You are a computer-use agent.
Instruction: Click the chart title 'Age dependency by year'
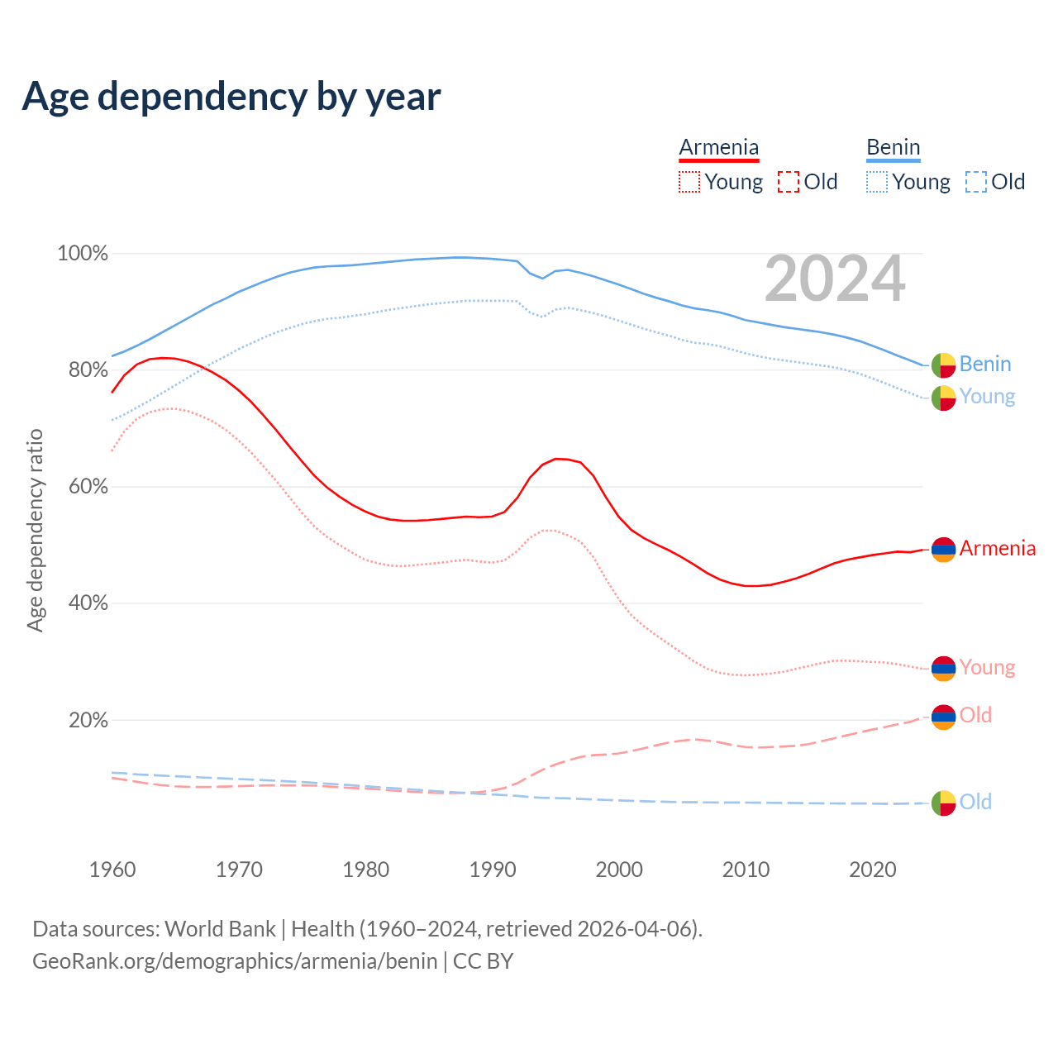pos(231,97)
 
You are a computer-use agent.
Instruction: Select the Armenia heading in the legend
pos(718,148)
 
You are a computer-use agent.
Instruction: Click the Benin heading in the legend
pos(893,148)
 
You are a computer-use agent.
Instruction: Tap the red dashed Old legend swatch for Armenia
pos(789,182)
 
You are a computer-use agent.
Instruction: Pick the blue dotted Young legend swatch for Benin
pos(877,182)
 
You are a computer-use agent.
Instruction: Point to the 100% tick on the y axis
pos(83,254)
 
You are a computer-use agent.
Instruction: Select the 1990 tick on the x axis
pos(493,870)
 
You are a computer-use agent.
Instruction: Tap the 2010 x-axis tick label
pos(746,870)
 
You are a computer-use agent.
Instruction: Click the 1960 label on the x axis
pos(112,870)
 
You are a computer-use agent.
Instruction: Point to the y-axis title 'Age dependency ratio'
pos(36,530)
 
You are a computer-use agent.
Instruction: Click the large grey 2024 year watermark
pos(835,279)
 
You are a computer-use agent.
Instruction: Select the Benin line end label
pos(985,365)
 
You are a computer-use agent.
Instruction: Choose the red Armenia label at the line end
pos(997,549)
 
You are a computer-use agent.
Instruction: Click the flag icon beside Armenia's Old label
pos(943,717)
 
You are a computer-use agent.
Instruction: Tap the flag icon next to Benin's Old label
pos(943,803)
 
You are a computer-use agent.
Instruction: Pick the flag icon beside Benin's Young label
pos(943,398)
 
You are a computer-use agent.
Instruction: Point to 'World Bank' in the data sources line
pos(220,929)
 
